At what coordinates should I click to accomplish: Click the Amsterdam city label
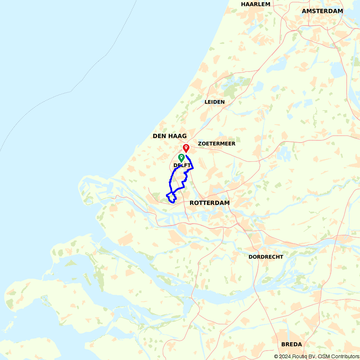point(322,11)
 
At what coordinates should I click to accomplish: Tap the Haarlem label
point(256,4)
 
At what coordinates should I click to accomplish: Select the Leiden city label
point(215,102)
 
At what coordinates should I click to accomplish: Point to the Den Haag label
point(170,136)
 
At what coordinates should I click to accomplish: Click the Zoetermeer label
point(217,144)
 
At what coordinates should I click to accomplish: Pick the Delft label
point(182,165)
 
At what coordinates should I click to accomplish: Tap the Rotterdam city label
point(210,203)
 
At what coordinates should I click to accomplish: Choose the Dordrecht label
point(266,257)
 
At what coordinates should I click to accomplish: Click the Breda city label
point(292,345)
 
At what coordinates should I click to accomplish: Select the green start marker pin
point(181,157)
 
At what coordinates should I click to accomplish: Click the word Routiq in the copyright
point(300,356)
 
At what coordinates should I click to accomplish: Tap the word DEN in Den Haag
point(159,136)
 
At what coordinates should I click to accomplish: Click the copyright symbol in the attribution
point(276,356)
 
